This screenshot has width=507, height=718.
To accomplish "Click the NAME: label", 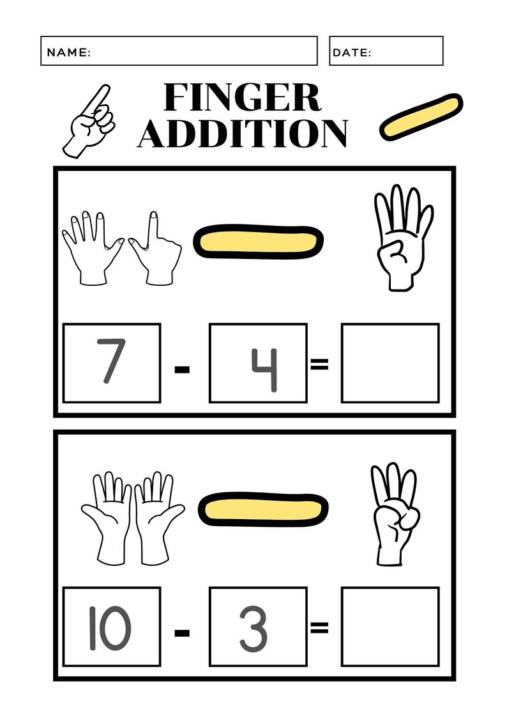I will tap(69, 52).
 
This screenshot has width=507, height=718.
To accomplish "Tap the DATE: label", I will tap(352, 52).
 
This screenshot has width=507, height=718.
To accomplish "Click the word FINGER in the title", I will tap(242, 98).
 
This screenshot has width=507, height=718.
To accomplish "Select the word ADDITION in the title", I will tap(243, 132).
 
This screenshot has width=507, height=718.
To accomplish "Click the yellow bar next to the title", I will tap(421, 116).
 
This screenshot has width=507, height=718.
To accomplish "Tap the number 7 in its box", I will tap(111, 362).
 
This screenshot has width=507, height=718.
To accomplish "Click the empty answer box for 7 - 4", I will tap(390, 363).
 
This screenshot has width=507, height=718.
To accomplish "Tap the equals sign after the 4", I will tap(319, 364).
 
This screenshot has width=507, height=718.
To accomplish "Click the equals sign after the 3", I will tap(319, 628).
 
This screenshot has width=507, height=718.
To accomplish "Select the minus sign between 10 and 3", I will tap(183, 634).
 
